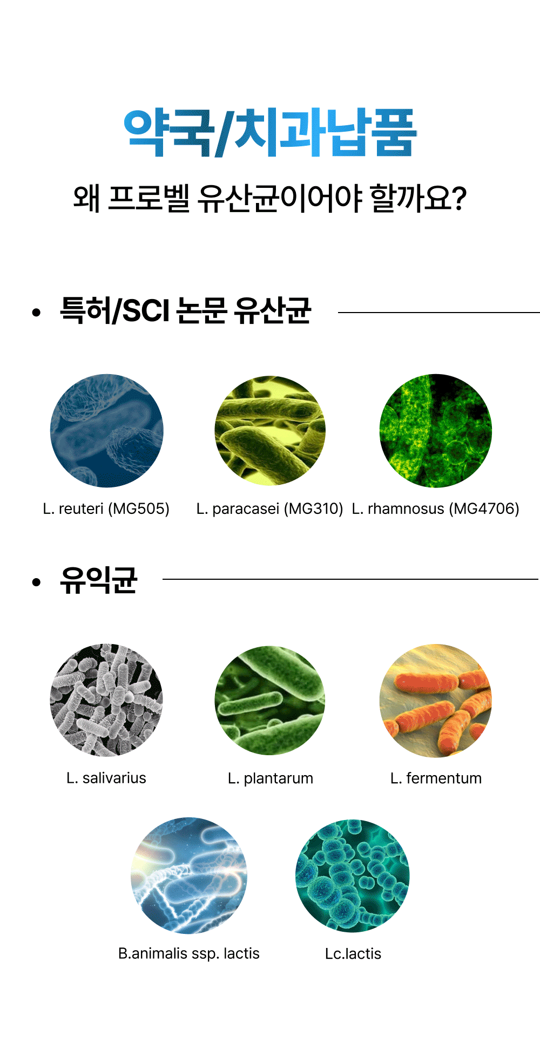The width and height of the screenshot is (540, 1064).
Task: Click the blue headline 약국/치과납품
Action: (270, 133)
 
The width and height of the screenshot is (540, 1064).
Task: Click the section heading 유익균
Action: (99, 580)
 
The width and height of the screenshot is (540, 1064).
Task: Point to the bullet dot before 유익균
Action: (36, 582)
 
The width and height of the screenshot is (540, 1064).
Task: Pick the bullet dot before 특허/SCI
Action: (36, 312)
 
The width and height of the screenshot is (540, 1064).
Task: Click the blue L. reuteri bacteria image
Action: (106, 430)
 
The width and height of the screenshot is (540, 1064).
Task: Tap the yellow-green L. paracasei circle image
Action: (270, 430)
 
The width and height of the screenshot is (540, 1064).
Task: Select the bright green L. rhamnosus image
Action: (436, 430)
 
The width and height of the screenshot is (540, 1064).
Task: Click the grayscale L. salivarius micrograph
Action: (106, 700)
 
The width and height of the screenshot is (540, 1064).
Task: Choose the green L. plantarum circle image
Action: (270, 700)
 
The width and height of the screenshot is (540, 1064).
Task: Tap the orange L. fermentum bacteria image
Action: (436, 700)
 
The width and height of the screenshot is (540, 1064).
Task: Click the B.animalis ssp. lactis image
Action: (189, 876)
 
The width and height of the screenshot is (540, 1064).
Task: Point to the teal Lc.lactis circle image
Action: (353, 876)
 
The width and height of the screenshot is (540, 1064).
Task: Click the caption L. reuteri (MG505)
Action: (106, 509)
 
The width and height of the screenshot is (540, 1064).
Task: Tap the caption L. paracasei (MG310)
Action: (270, 509)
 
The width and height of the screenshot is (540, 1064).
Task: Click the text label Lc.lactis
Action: (353, 953)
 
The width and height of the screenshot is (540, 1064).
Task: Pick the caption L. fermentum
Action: (436, 778)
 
